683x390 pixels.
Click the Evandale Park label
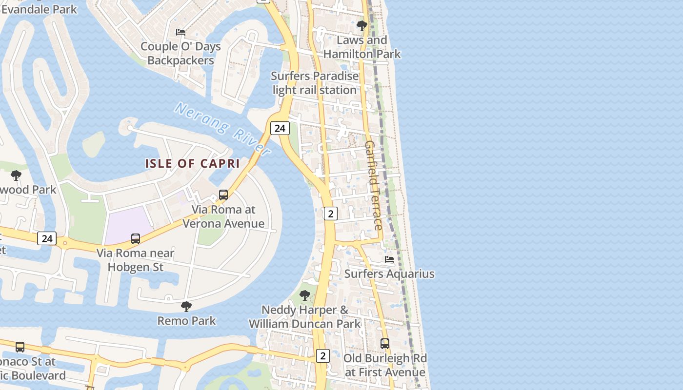39,9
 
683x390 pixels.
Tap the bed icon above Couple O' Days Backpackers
181,32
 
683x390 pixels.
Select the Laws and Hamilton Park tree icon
362,25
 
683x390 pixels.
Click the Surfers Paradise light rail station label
315,83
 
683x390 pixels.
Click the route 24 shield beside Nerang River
280,128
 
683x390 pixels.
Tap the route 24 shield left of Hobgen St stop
47,238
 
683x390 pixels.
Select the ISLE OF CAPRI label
192,164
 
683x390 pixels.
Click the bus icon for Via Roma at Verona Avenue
223,195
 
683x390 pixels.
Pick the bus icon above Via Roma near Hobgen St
136,239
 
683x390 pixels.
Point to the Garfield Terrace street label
373,185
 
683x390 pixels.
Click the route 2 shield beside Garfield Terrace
331,213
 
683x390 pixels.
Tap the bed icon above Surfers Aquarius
389,259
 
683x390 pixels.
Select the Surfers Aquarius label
389,273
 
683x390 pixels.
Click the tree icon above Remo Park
186,306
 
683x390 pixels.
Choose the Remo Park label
186,321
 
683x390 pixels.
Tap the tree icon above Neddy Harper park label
304,295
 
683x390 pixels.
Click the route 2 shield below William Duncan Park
322,356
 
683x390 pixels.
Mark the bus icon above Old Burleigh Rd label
385,344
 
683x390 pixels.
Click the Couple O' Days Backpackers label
181,54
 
